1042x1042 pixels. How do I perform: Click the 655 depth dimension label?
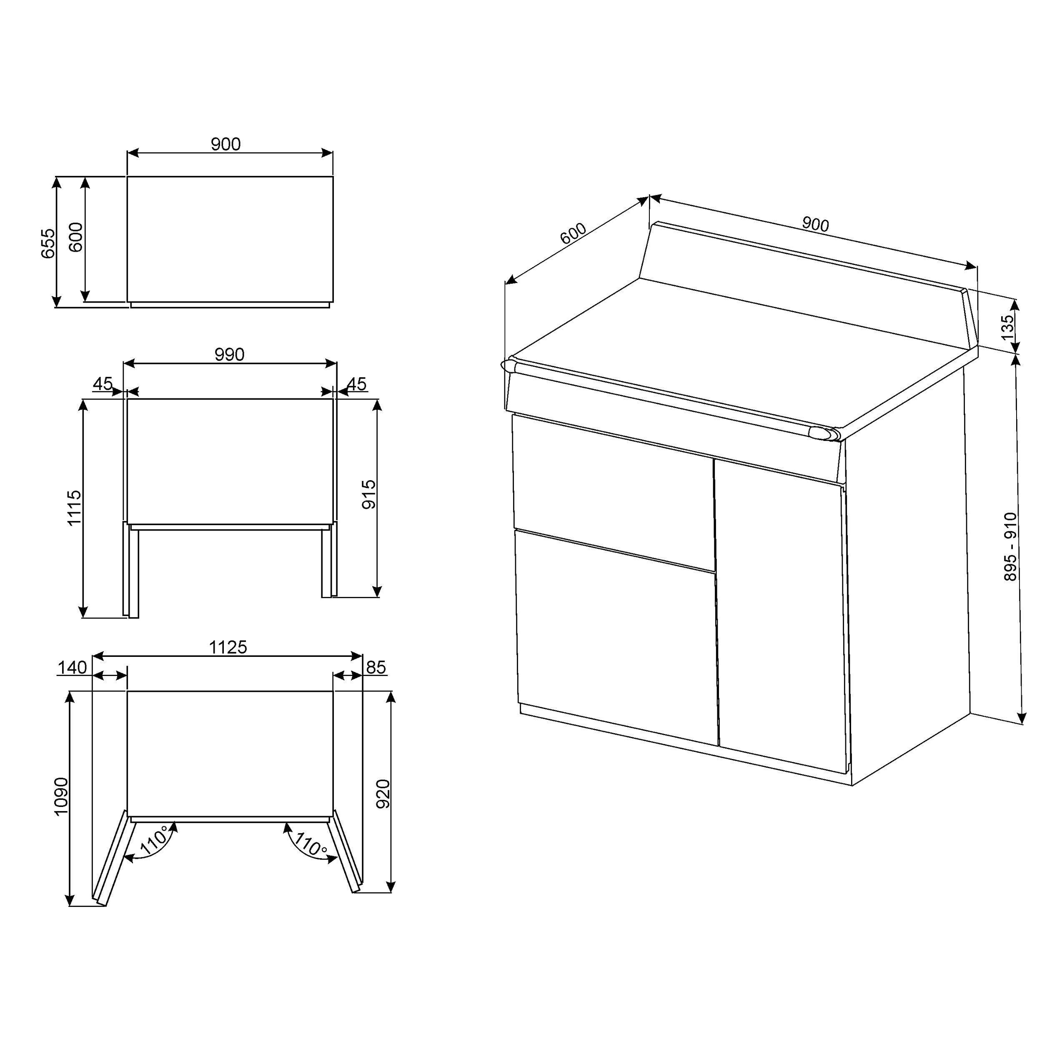[48, 243]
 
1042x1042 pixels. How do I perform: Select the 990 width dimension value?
[229, 354]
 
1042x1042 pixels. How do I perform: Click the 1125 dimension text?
[228, 647]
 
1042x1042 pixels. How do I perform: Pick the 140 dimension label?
[72, 668]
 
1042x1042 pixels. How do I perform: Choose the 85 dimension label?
[376, 668]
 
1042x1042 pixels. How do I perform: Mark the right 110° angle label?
[310, 842]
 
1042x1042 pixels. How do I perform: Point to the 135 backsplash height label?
[1007, 327]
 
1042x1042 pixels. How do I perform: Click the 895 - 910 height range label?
[1010, 546]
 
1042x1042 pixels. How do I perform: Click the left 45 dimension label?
[103, 384]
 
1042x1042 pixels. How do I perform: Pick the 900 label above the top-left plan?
[225, 144]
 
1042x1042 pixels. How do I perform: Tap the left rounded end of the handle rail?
[508, 365]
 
